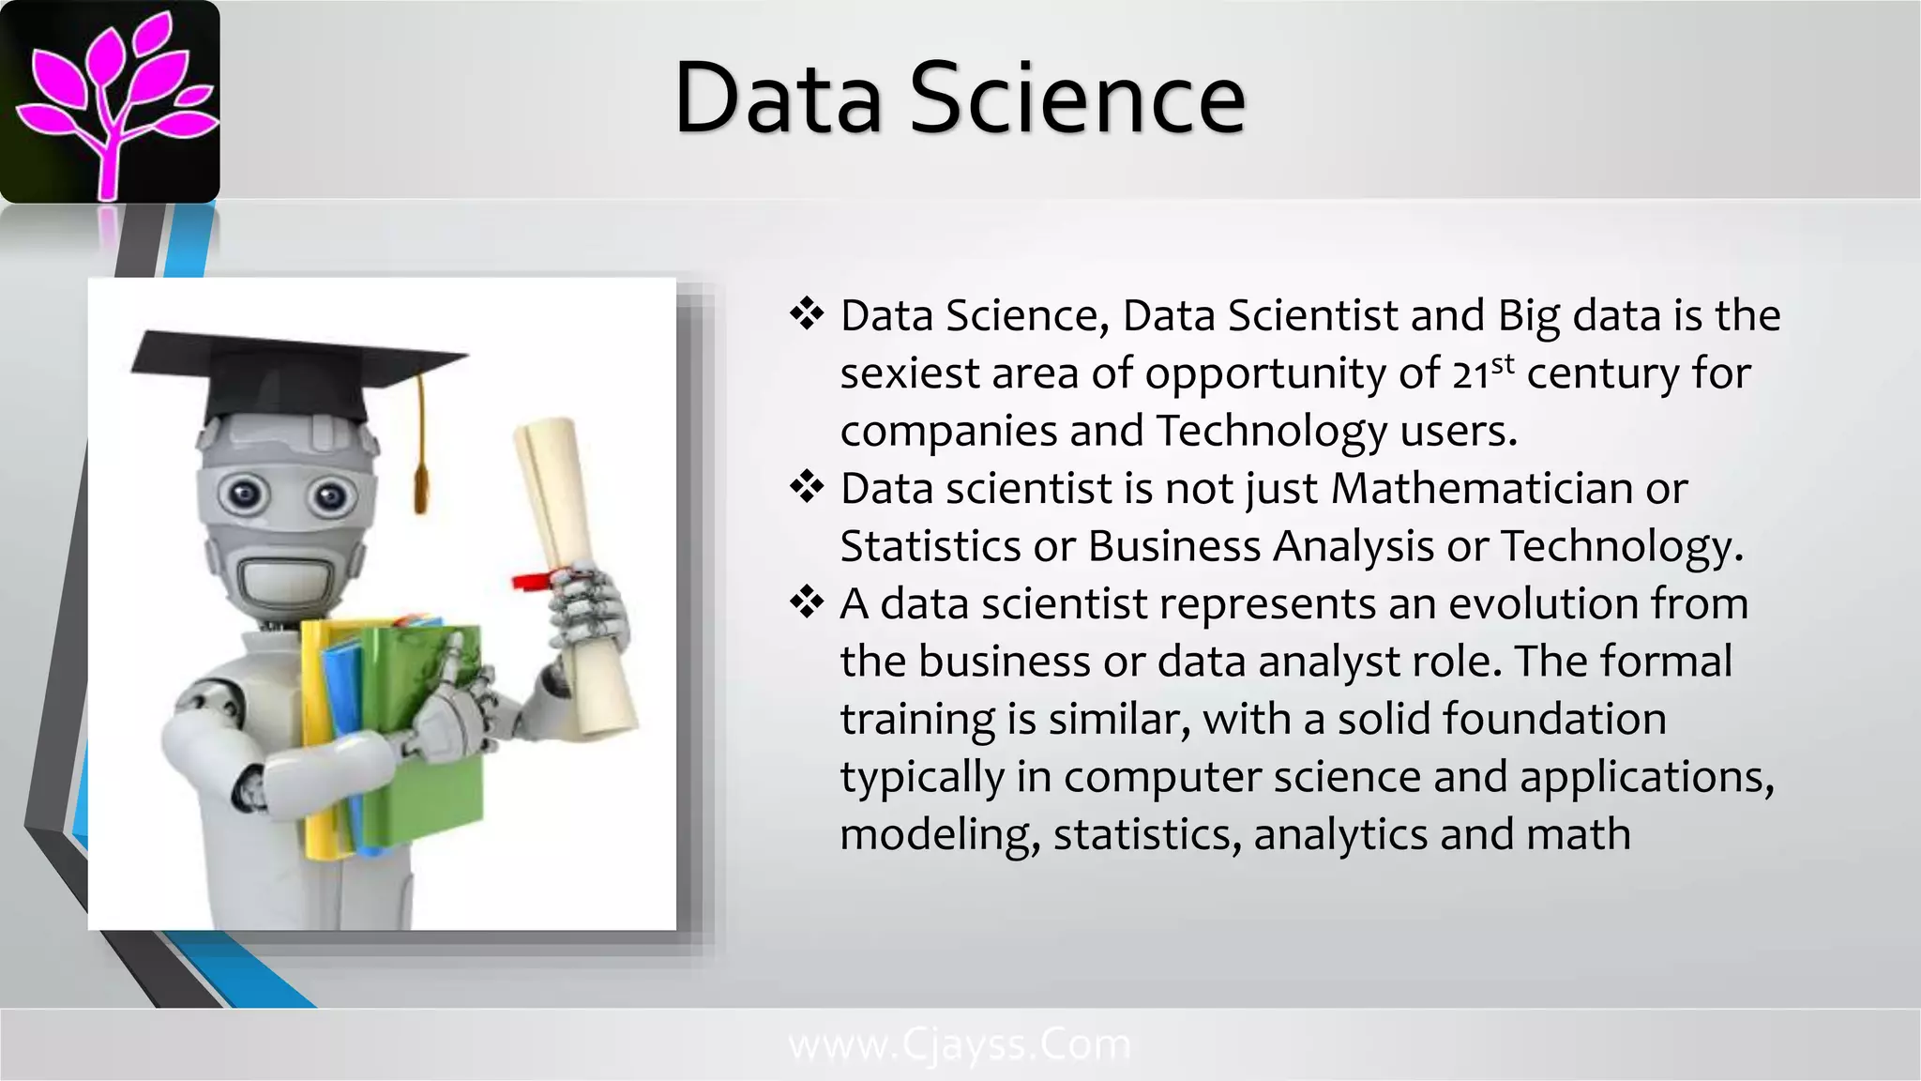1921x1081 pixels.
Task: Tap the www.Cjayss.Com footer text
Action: tap(960, 1043)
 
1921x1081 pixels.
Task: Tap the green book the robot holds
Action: tap(431, 741)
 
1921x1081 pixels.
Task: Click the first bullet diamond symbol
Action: tap(806, 314)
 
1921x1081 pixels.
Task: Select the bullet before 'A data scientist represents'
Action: tap(806, 602)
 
